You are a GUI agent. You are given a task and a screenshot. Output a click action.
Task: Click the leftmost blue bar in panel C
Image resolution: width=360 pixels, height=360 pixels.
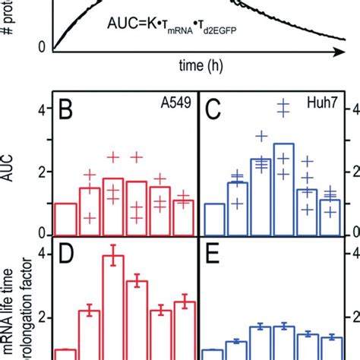click(x=214, y=219)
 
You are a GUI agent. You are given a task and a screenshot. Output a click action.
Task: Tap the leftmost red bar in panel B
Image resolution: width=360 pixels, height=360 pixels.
click(x=66, y=219)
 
